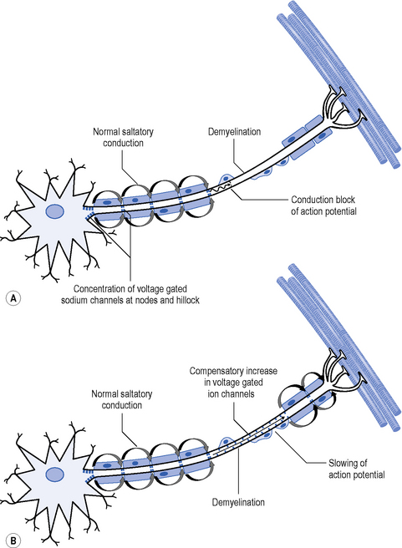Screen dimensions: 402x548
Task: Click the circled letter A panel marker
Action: click(x=13, y=298)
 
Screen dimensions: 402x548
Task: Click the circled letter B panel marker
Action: click(x=13, y=541)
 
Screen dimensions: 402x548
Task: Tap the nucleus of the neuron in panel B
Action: click(x=55, y=474)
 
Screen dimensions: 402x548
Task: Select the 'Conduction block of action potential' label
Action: click(x=323, y=205)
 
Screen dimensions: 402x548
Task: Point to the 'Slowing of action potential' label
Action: click(x=356, y=469)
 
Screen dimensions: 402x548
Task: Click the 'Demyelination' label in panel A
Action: click(x=234, y=132)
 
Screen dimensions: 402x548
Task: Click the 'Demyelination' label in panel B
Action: click(x=238, y=502)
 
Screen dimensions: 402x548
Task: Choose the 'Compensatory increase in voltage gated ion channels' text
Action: click(x=233, y=383)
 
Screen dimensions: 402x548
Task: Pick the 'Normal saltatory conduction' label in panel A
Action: click(x=123, y=137)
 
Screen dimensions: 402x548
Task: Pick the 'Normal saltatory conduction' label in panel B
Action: click(x=122, y=399)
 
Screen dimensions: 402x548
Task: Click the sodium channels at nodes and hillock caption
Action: click(x=130, y=295)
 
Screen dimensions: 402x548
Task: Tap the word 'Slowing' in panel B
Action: click(x=343, y=464)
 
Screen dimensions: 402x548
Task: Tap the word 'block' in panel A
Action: click(x=344, y=200)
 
